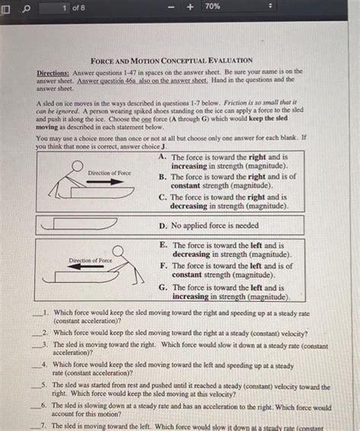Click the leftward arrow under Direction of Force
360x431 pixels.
tap(90, 267)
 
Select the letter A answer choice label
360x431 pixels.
tap(163, 157)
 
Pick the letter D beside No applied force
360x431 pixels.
tap(163, 226)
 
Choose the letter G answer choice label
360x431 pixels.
tap(163, 288)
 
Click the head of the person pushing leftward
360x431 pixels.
tap(119, 250)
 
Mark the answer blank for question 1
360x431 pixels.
tap(36, 313)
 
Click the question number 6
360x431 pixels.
tap(46, 407)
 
